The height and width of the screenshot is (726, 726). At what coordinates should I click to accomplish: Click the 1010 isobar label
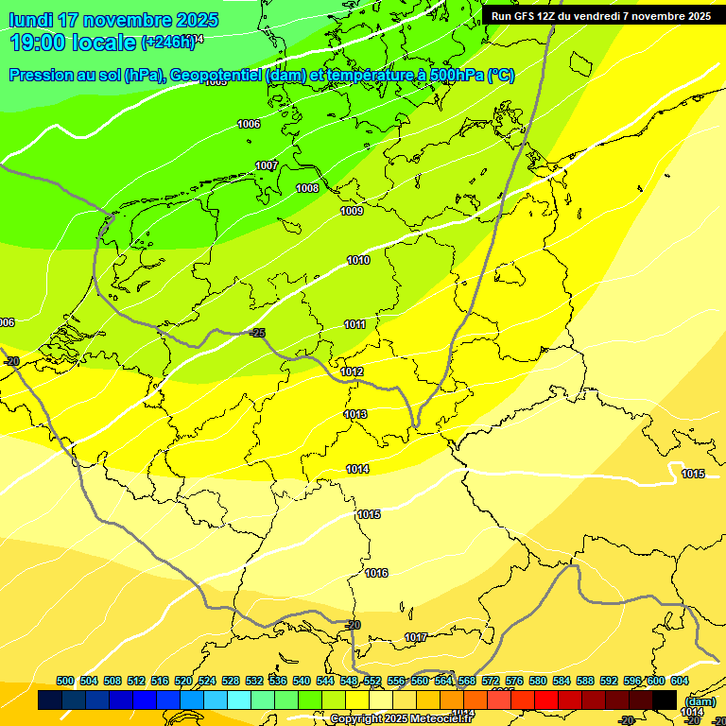358,260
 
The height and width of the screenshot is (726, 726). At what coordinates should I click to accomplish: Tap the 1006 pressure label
249,124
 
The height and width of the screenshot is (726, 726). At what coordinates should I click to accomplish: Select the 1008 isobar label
307,188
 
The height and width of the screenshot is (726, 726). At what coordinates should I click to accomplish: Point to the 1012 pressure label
353,372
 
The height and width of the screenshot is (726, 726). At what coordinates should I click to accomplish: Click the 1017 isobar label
416,637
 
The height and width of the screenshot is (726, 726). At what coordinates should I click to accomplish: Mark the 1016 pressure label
377,573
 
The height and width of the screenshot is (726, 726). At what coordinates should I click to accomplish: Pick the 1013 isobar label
355,414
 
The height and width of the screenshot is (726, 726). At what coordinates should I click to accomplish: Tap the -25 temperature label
257,333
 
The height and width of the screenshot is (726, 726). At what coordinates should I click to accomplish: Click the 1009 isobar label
352,211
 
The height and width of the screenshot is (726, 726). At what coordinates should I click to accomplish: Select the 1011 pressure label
355,324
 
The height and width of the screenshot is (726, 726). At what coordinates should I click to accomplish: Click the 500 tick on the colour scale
65,681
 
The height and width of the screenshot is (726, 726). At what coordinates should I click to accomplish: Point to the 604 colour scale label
680,681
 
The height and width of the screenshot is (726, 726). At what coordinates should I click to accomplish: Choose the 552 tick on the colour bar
372,681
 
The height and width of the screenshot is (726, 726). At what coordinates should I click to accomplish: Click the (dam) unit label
700,700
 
